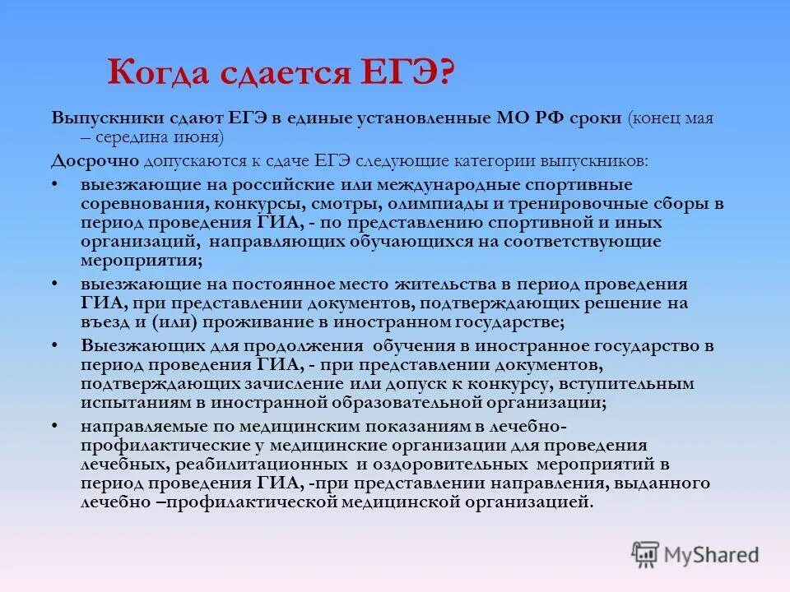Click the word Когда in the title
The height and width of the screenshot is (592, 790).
pos(156,74)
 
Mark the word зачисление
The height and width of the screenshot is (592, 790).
pos(272,384)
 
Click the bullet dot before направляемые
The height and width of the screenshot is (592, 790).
pos(54,425)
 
